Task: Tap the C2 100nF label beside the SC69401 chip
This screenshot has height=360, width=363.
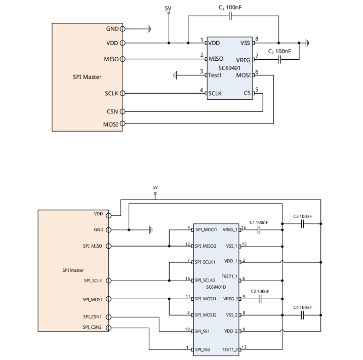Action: [x=279, y=52]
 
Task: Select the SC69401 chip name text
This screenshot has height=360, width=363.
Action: [x=229, y=67]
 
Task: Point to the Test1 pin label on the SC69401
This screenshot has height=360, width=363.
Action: [x=215, y=75]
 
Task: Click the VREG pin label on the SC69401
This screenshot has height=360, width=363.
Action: [x=243, y=60]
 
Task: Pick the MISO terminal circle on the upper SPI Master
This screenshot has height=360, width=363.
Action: [x=122, y=59]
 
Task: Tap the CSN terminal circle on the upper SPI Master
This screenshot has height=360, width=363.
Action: [x=122, y=111]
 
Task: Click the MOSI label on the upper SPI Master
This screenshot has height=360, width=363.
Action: [x=110, y=124]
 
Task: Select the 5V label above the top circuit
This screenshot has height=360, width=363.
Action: [x=169, y=8]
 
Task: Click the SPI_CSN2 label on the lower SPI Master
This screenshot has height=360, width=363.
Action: [x=92, y=327]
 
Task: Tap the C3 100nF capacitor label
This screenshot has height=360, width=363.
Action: [x=302, y=217]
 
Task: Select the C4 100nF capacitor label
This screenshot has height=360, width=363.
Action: [x=302, y=307]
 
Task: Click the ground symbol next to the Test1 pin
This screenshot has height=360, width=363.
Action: [x=176, y=75]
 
